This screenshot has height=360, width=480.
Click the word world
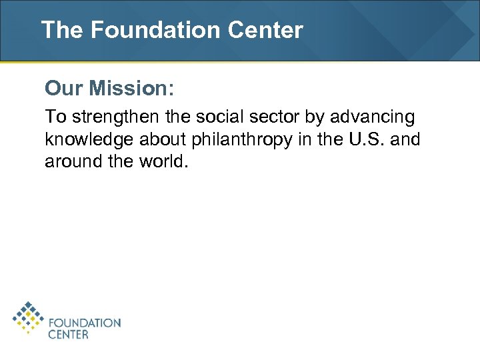161,162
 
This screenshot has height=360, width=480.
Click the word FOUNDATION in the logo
85,323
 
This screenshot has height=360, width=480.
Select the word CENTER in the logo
68,335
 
